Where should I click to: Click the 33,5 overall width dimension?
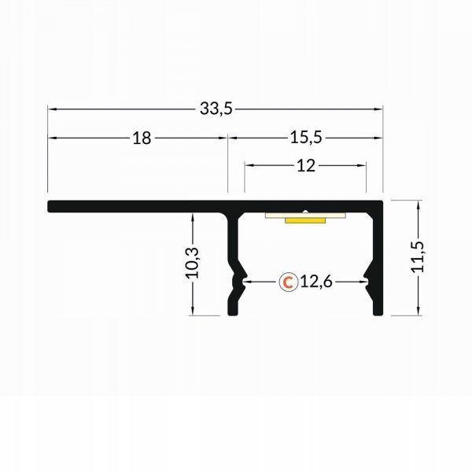216,109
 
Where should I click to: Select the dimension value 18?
141,138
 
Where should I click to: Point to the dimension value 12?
306,165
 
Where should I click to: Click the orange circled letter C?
289,281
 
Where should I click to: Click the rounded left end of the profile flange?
50,207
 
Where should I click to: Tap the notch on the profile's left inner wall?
242,279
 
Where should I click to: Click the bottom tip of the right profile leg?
378,312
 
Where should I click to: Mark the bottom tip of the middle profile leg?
232,312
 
